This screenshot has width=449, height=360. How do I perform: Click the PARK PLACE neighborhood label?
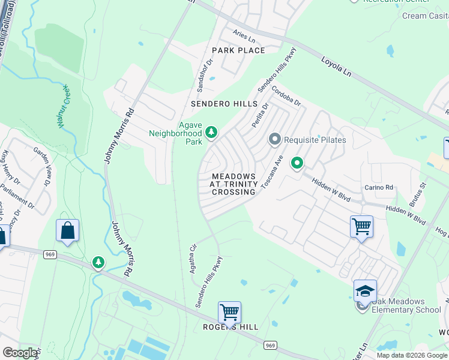(x=238, y=50)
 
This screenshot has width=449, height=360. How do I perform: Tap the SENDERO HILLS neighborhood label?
(x=224, y=104)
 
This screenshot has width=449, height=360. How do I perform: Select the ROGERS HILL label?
(x=231, y=327)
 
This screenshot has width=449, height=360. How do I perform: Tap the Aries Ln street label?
(x=244, y=36)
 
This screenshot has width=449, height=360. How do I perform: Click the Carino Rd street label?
(x=379, y=188)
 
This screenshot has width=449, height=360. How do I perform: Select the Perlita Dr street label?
(x=260, y=112)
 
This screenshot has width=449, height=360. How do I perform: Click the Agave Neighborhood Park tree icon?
(x=211, y=131)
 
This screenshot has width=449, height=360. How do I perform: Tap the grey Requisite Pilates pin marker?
(x=275, y=140)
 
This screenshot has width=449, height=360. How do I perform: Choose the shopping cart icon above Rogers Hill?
(x=229, y=312)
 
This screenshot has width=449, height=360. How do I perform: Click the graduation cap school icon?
(x=364, y=290)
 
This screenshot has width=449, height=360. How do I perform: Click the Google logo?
(x=20, y=353)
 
